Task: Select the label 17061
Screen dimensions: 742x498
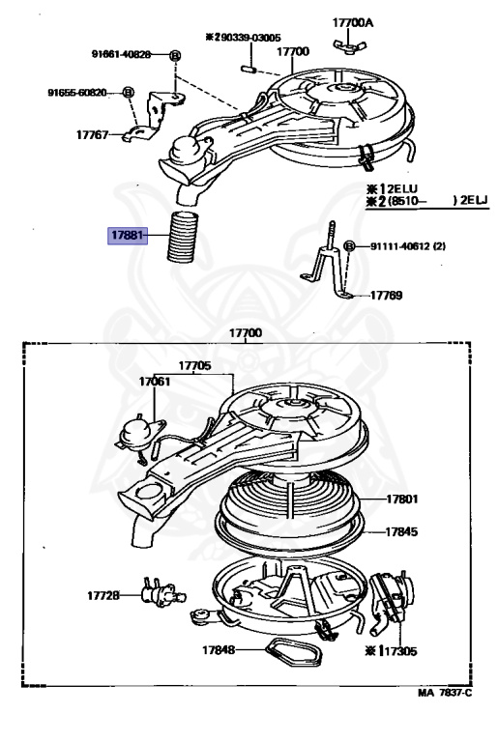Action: click(154, 382)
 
